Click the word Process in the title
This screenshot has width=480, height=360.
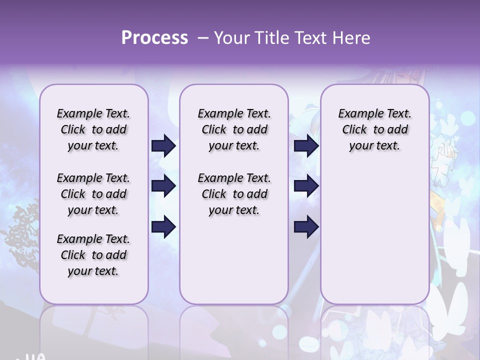tap(154, 37)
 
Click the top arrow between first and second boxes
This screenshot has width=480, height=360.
tap(163, 145)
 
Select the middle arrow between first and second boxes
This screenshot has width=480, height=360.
tap(163, 186)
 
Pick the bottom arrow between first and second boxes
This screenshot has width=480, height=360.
tap(163, 226)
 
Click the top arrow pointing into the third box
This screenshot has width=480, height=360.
tap(306, 145)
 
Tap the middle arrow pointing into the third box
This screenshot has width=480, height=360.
tap(306, 186)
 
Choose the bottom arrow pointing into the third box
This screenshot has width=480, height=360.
tap(306, 226)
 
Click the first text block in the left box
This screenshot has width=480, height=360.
tap(93, 129)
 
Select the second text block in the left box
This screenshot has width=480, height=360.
tap(93, 194)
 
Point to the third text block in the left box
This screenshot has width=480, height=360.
tap(93, 255)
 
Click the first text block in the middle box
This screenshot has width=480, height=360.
tap(234, 129)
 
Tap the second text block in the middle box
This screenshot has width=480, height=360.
tap(234, 194)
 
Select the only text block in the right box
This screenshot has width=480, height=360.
tap(374, 129)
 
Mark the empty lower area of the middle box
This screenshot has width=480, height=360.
tap(234, 260)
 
